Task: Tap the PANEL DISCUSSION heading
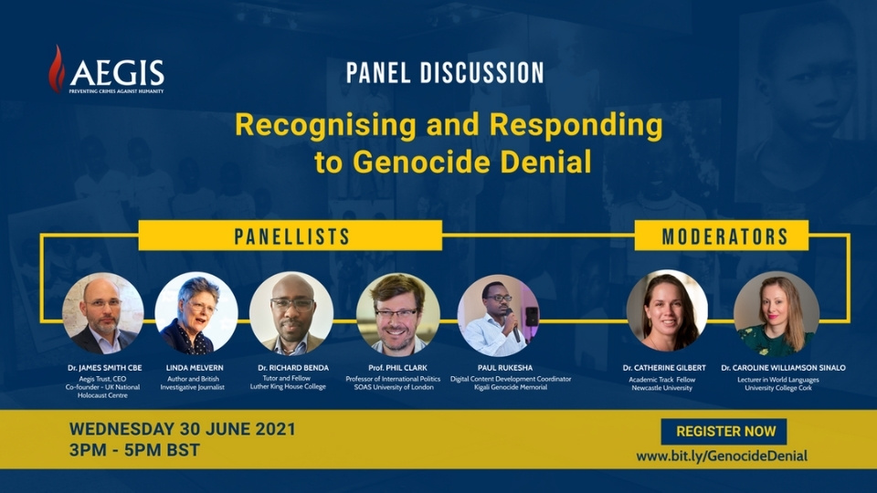[x=445, y=73]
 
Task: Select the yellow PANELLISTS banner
[x=291, y=236]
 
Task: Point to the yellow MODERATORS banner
[x=722, y=236]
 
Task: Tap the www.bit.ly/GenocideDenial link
[x=722, y=456]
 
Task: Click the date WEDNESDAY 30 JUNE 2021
[x=183, y=429]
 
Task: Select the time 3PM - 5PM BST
[x=134, y=450]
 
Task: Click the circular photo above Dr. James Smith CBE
[x=103, y=313]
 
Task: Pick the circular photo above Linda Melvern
[x=195, y=313]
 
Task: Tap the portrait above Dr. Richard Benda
[x=291, y=313]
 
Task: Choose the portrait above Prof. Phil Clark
[x=397, y=314]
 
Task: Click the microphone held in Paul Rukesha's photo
[x=514, y=325]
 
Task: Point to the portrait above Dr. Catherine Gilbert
[x=667, y=312]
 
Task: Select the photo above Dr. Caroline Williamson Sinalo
[x=777, y=313]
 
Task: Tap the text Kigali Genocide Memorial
[x=511, y=387]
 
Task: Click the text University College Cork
[x=778, y=388]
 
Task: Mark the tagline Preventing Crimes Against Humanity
[x=116, y=91]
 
